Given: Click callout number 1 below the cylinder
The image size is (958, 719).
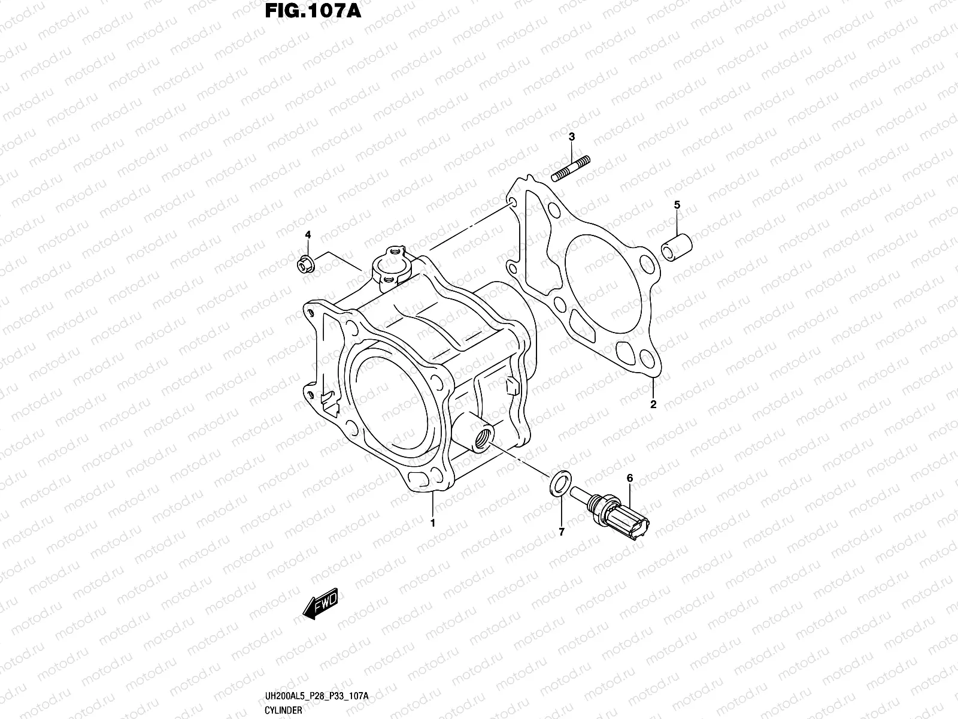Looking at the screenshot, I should click(432, 523).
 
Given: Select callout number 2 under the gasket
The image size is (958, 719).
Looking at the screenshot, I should click(653, 404).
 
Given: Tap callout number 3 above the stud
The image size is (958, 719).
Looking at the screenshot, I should click(572, 137).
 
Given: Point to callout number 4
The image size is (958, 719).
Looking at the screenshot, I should click(308, 234).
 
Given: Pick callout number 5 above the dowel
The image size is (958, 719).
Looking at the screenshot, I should click(677, 205).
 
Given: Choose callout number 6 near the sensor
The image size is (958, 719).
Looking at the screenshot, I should click(629, 478).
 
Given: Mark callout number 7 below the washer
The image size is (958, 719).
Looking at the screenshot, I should click(562, 531).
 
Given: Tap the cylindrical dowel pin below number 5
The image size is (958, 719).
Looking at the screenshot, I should click(677, 246).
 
